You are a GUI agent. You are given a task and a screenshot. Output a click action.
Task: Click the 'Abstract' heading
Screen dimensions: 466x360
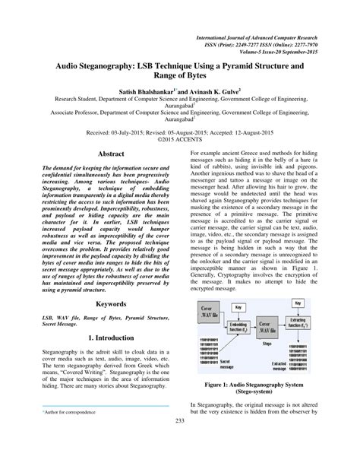tap(109, 153)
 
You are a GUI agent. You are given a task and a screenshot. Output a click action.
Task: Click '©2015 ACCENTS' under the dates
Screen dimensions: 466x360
tap(180, 140)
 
